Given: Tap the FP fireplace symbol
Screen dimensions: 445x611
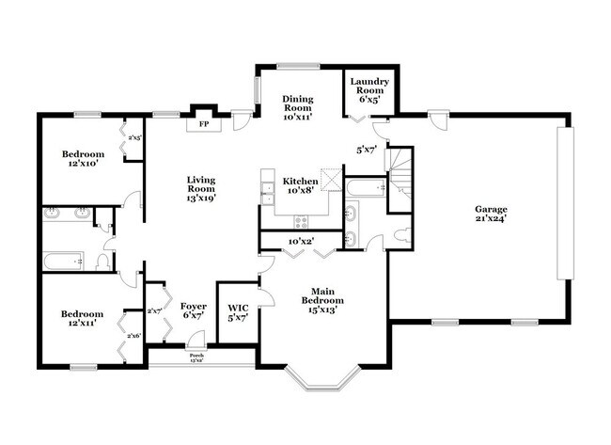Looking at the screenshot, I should [201, 122].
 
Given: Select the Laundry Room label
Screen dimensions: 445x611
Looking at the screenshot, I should [369, 89].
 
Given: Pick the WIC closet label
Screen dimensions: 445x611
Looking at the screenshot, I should [237, 311].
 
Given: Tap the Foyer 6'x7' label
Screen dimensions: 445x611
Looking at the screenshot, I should [193, 311].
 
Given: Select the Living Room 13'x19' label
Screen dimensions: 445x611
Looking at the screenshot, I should [201, 188].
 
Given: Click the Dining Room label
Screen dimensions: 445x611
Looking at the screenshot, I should [299, 108].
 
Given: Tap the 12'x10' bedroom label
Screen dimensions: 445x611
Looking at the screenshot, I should [83, 159].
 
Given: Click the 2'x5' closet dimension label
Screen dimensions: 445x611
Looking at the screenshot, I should [134, 137].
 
